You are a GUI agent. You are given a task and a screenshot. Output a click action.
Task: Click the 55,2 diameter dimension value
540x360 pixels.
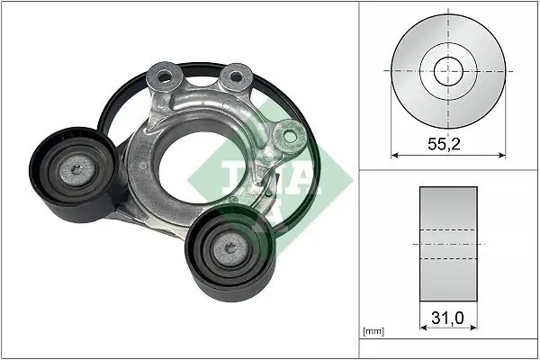tap(447, 141)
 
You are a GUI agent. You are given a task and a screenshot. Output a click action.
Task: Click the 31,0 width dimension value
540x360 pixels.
tap(447, 317)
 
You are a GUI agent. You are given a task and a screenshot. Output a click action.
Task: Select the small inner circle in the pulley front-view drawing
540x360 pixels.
tap(447, 70)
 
